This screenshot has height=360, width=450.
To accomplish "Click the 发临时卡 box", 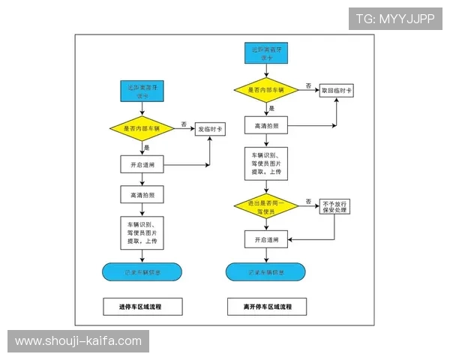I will pyautogui.click(x=211, y=129).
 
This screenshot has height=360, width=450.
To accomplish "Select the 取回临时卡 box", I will pyautogui.click(x=337, y=90).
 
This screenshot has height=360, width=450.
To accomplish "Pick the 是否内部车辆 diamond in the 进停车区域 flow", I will pyautogui.click(x=142, y=129).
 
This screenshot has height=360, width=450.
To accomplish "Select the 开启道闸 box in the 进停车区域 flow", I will pyautogui.click(x=142, y=163).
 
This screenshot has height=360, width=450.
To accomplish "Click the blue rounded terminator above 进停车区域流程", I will pyautogui.click(x=142, y=271).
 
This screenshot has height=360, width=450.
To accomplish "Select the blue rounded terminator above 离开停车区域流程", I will pyautogui.click(x=265, y=271).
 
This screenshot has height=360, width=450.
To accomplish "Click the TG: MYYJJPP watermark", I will pyautogui.click(x=394, y=19).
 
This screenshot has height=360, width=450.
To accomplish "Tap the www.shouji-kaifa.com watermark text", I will pyautogui.click(x=78, y=341).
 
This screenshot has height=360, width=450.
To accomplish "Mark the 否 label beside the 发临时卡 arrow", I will pyautogui.click(x=184, y=123).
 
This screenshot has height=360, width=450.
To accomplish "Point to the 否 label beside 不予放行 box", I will pyautogui.click(x=307, y=201).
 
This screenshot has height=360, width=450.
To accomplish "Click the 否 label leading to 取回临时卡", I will pyautogui.click(x=308, y=85).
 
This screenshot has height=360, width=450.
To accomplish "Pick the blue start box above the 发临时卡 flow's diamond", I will pyautogui.click(x=142, y=91).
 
